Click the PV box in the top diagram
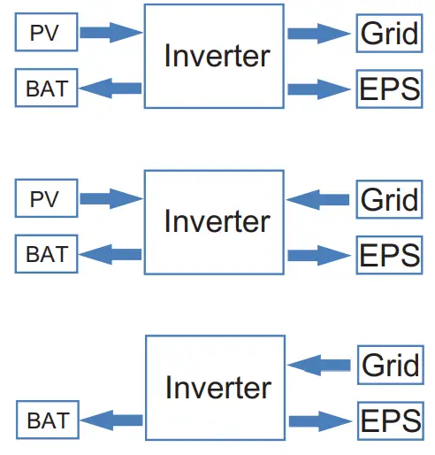point(44,34)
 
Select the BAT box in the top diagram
point(47,88)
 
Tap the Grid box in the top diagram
point(389,34)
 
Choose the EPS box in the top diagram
point(389,89)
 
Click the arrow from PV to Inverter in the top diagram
point(111,34)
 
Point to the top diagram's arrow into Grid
point(319,34)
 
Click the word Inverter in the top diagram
point(217,56)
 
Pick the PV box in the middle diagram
point(44,199)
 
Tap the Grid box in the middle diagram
point(389,199)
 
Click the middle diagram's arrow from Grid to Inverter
point(319,199)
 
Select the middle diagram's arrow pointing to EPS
point(319,255)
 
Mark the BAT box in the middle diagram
point(47,255)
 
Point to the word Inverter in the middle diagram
point(217,220)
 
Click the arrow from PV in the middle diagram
point(111,199)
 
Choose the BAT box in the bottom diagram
point(47,420)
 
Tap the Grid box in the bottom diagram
point(389,365)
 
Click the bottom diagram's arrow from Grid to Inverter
point(319,365)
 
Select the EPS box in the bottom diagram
point(389,420)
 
